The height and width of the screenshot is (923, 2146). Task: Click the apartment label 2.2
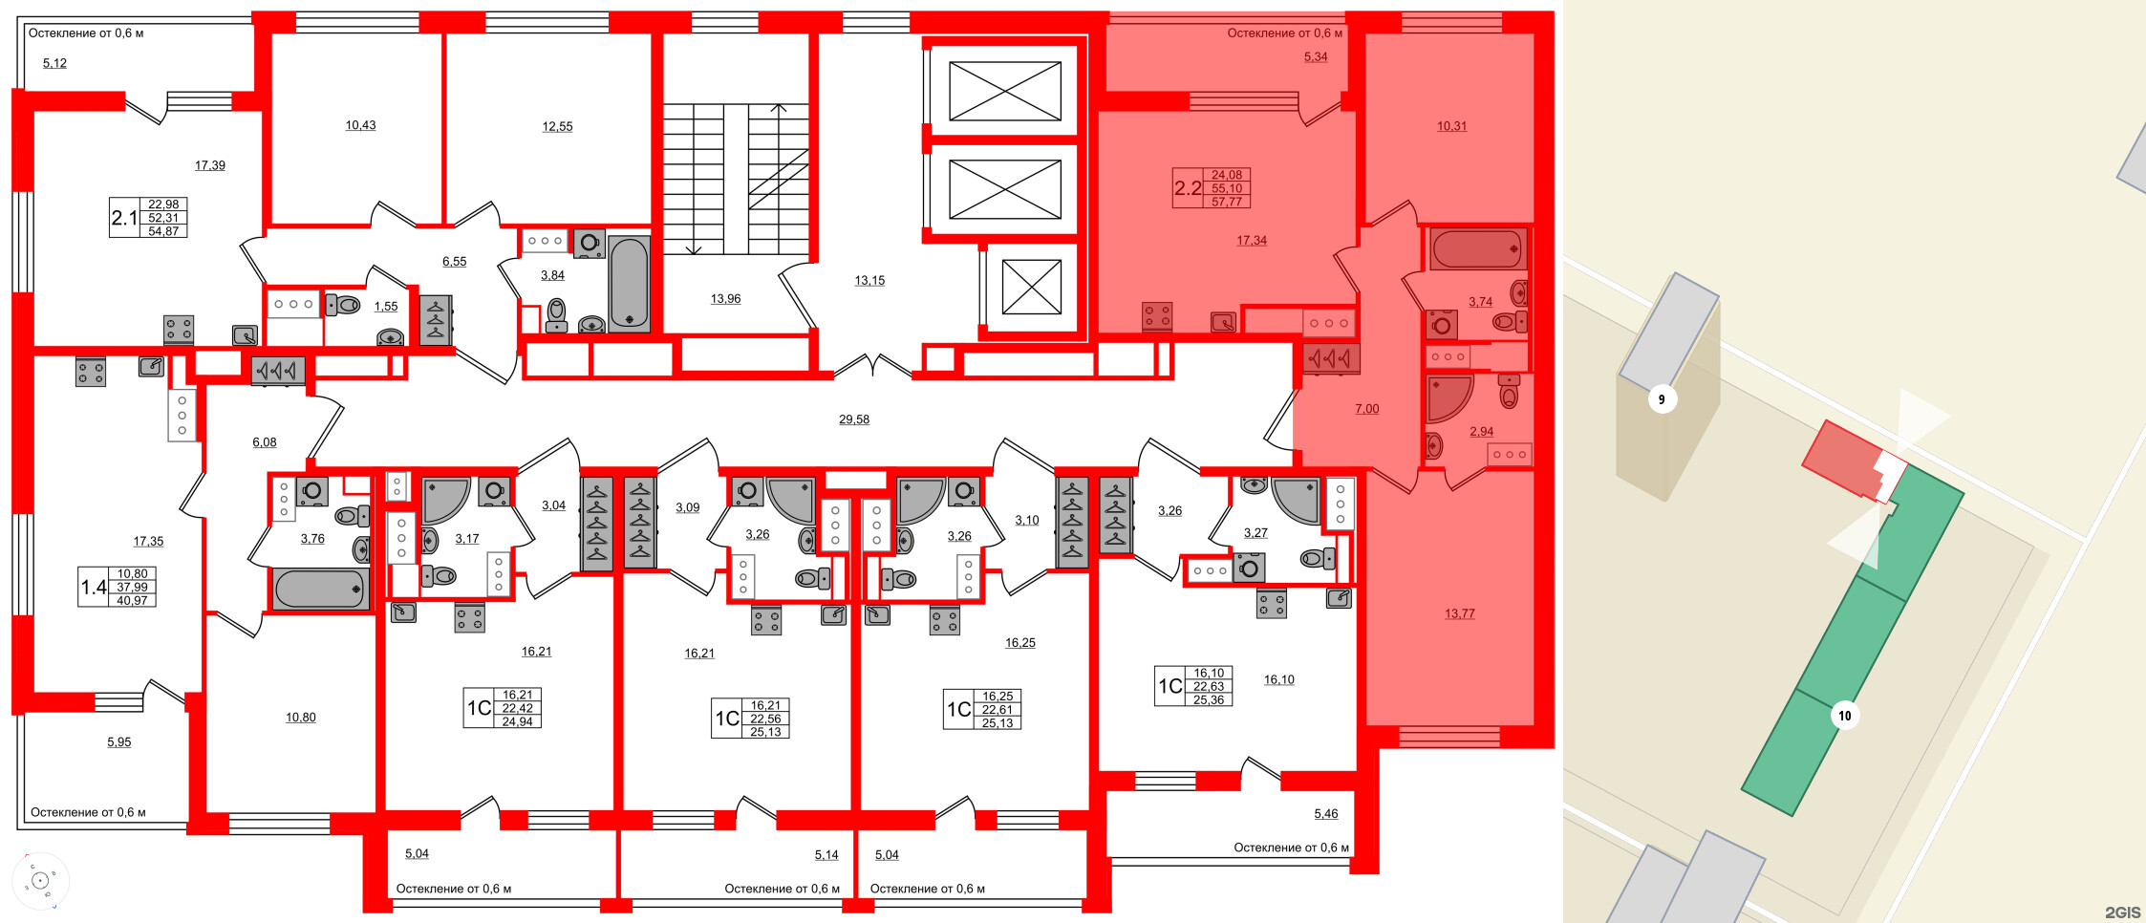(1188, 188)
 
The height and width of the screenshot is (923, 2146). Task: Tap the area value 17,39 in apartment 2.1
(210, 165)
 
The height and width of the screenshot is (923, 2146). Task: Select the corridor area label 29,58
(854, 419)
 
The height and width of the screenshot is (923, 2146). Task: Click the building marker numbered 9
(1662, 399)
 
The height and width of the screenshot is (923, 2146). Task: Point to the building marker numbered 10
(1844, 715)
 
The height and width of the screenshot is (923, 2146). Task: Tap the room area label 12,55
(557, 126)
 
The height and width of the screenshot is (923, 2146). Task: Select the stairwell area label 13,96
(725, 299)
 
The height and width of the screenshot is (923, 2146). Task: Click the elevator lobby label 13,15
(869, 281)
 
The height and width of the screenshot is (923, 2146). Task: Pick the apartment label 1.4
(94, 587)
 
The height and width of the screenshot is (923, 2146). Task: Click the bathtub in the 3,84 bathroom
(629, 283)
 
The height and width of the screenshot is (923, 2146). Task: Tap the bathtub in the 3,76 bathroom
(319, 590)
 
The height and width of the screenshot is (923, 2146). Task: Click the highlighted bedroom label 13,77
(1459, 613)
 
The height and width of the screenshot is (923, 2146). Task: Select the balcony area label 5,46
(1325, 814)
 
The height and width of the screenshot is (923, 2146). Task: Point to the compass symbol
(40, 880)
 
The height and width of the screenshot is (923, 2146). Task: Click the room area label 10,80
(300, 718)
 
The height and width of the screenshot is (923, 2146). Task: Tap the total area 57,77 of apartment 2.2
(1227, 202)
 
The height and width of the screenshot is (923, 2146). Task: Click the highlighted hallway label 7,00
(1366, 409)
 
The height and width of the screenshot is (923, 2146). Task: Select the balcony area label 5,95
(118, 742)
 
